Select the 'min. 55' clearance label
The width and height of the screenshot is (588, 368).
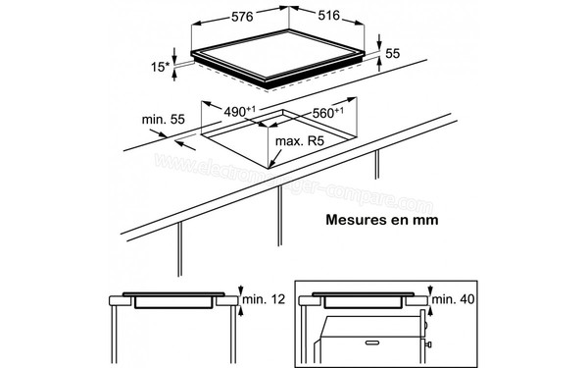163,120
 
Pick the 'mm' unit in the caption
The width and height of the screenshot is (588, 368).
425,219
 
